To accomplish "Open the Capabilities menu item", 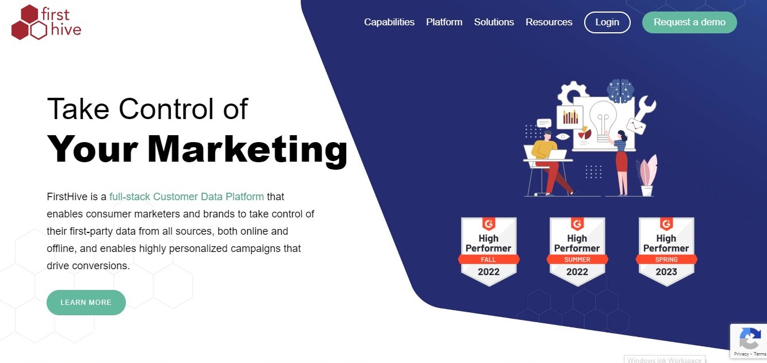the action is [x=389, y=22].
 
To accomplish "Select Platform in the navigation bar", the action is [x=444, y=22].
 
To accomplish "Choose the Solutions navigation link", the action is [x=494, y=22].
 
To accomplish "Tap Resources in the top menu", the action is [x=549, y=22].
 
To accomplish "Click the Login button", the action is [x=607, y=22].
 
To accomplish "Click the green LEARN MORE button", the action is [x=86, y=303].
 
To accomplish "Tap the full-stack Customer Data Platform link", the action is [x=187, y=197].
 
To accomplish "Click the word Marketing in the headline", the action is [x=247, y=150].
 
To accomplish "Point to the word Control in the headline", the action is [x=168, y=109].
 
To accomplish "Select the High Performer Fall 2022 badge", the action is [x=489, y=252].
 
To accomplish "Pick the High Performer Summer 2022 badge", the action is [x=577, y=252].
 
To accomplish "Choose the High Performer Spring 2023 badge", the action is [x=666, y=252].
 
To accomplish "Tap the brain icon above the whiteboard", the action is [x=620, y=91].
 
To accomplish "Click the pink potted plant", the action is [x=647, y=175].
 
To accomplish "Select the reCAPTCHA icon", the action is [x=750, y=338].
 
